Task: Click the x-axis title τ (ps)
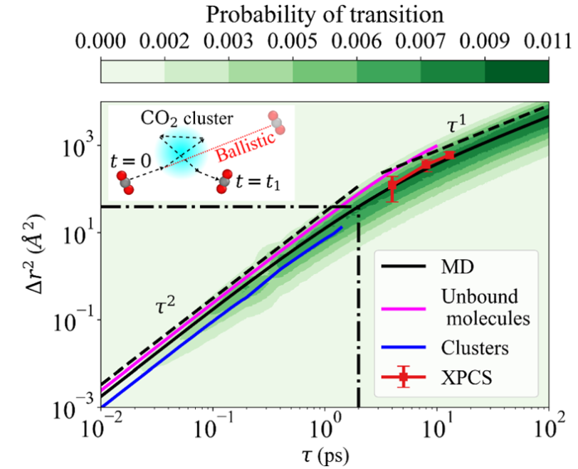325,451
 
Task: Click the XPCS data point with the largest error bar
392,186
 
